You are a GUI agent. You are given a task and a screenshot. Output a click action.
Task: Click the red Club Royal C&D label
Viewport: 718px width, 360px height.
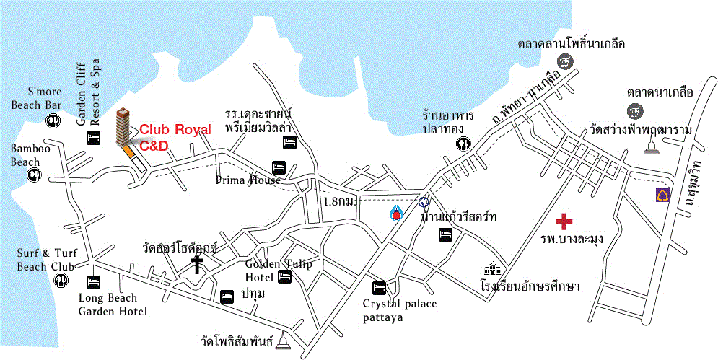pos(175,137)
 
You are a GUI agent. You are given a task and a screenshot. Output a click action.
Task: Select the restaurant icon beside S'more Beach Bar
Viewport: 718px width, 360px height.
pos(53,121)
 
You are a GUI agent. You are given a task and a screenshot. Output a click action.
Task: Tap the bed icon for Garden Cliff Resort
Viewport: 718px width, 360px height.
pos(93,137)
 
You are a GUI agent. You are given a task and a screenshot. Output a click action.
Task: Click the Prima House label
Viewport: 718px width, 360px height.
pos(248,180)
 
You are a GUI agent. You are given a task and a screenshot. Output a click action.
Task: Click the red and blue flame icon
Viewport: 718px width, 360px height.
pos(395,213)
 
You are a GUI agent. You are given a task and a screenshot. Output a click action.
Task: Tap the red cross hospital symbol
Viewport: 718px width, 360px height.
pos(564,221)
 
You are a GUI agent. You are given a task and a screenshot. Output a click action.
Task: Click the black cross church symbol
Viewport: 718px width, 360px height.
pos(196,265)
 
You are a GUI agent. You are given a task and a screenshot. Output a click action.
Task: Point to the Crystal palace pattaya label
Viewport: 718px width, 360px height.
pos(399,310)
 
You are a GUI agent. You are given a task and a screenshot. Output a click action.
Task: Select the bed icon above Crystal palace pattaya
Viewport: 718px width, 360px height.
pos(380,287)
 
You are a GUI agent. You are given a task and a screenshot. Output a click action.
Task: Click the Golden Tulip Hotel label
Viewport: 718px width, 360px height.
pos(278,270)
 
